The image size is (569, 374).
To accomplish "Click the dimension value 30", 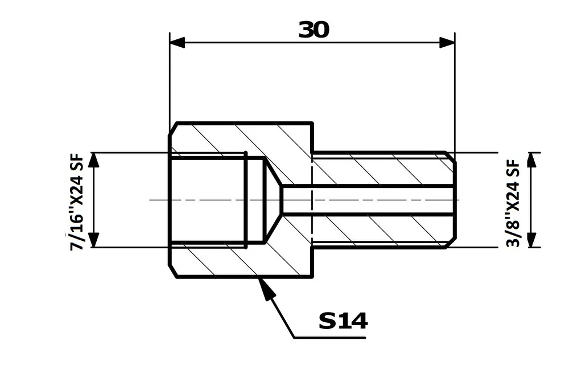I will point(314,30).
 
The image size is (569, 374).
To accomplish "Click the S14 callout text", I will point(343,322).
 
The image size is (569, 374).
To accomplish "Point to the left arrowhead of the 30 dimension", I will point(178,43).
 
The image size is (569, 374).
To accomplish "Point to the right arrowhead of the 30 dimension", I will point(447,43).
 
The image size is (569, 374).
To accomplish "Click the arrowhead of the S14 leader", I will point(266,288).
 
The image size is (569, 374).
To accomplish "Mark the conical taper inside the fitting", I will point(274,200).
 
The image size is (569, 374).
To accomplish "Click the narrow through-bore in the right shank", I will point(370,200).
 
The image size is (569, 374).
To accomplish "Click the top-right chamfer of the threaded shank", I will point(450,157).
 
